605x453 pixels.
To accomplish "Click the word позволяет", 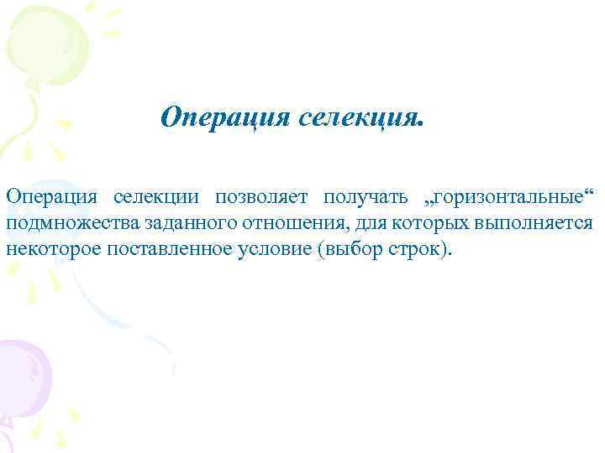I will pos(262,197).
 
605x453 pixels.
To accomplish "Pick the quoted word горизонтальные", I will pos(499,197).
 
